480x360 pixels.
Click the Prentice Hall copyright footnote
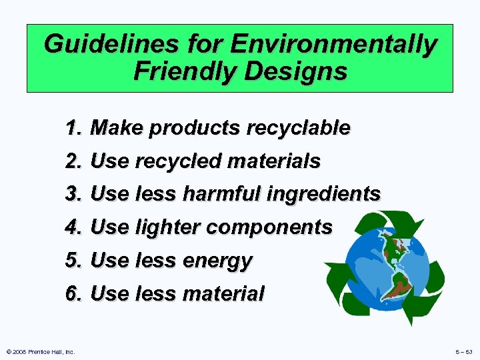pos(39,351)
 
